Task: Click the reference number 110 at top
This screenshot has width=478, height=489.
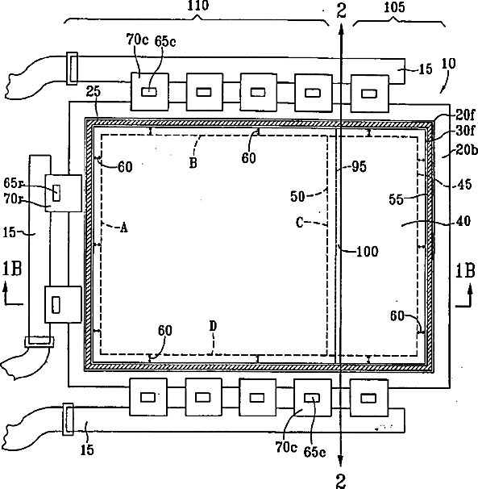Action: (x=197, y=6)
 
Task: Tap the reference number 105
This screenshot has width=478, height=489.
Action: (x=394, y=7)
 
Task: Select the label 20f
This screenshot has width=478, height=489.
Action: (x=465, y=115)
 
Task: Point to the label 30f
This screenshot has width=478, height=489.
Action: (x=465, y=131)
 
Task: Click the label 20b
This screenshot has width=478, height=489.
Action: (x=467, y=150)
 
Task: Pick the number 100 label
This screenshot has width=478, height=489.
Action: (x=367, y=251)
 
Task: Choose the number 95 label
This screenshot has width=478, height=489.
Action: (x=359, y=166)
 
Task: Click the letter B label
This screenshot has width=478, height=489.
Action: (x=193, y=162)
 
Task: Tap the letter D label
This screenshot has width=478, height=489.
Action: (x=213, y=326)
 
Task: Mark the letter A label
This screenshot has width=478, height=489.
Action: (x=124, y=228)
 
